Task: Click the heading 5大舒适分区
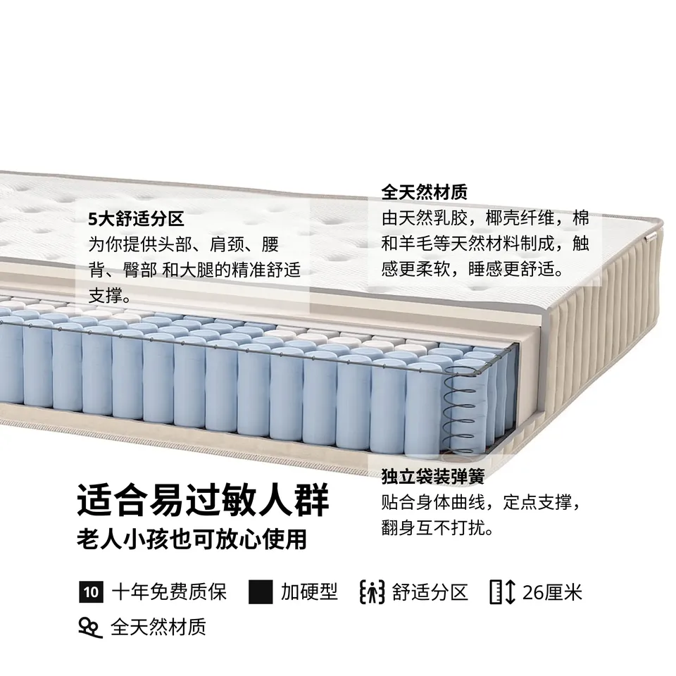[x=136, y=219]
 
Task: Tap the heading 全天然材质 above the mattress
[x=424, y=192]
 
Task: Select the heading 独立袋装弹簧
[x=433, y=476]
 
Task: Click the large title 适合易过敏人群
[x=203, y=500]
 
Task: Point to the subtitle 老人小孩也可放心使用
[x=192, y=539]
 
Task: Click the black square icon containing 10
[x=91, y=592]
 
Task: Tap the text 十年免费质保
[x=169, y=592]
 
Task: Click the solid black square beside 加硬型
[x=261, y=592]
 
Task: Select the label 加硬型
[x=309, y=592]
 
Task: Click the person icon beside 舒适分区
[x=372, y=592]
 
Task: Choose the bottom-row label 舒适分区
[x=430, y=592]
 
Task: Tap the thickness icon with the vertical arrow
[x=503, y=592]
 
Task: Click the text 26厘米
[x=552, y=592]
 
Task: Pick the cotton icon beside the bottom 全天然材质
[x=91, y=627]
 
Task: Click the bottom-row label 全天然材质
[x=158, y=627]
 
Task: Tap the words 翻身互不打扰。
[x=437, y=527]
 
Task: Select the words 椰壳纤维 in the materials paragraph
[x=520, y=218]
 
